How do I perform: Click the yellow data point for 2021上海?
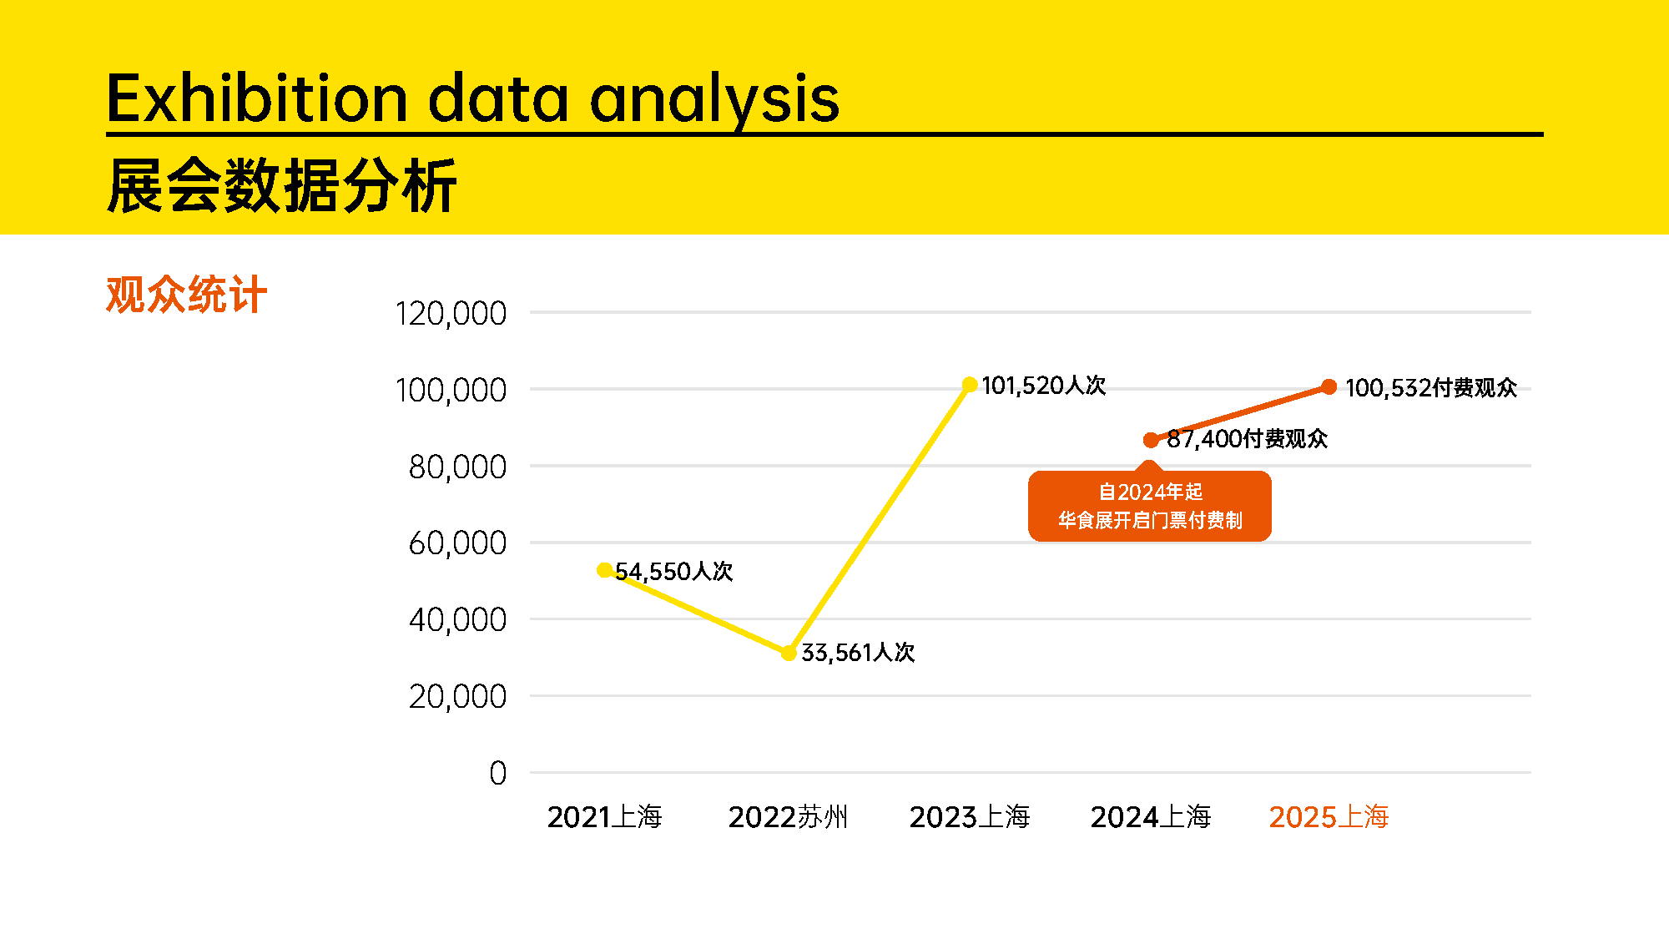pos(605,570)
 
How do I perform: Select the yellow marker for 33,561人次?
pos(789,653)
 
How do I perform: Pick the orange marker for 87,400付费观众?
pos(1151,440)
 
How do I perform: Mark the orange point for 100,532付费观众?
pos(1329,386)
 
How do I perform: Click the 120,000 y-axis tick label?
pos(451,314)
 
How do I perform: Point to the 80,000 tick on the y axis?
pos(457,467)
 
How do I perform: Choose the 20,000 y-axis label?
pos(457,697)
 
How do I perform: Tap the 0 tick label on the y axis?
pos(498,773)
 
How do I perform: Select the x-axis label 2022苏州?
pos(788,816)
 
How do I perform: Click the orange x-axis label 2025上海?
pos(1329,816)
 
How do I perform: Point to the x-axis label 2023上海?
pos(970,816)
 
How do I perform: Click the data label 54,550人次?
pos(674,572)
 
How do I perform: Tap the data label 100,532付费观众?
pos(1431,388)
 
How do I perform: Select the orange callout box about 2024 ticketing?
pos(1150,506)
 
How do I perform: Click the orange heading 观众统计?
pos(186,295)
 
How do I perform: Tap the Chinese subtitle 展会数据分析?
pos(282,185)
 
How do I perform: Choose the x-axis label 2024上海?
pos(1151,816)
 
